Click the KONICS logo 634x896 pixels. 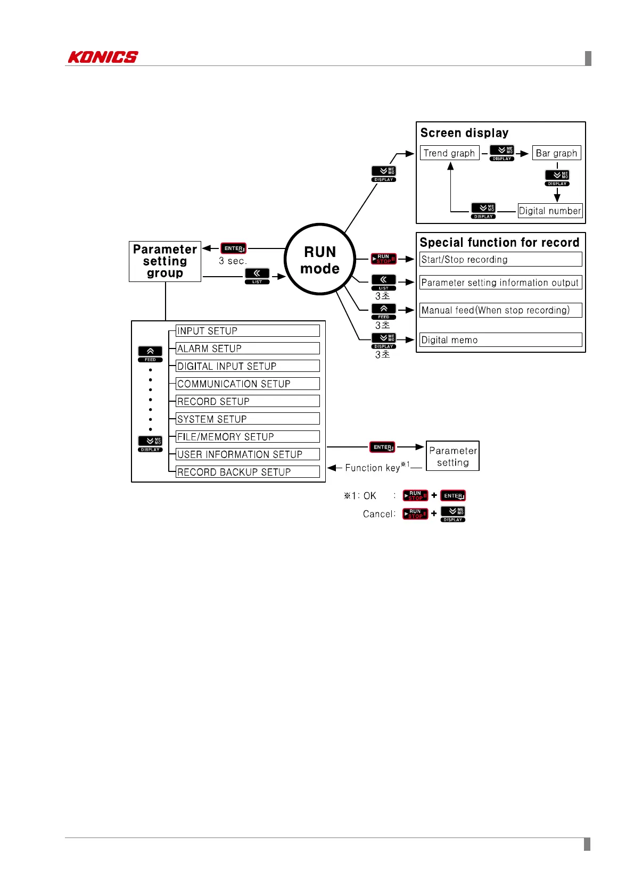(103, 57)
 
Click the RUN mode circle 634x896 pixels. (320, 260)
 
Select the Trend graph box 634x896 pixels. (449, 153)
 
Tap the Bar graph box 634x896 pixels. (556, 153)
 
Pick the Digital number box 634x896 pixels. (550, 211)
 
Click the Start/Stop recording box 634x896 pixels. (500, 260)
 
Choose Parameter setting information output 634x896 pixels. (500, 283)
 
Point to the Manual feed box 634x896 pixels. (500, 310)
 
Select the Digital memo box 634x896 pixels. (500, 340)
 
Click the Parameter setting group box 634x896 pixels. (165, 261)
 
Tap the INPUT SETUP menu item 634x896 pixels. (248, 331)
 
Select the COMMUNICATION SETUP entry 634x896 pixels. (248, 384)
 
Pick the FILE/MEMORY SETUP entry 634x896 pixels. (248, 437)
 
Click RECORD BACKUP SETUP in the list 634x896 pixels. (248, 472)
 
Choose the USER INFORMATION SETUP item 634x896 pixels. (248, 454)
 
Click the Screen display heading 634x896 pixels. (464, 133)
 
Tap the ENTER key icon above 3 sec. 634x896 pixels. (233, 248)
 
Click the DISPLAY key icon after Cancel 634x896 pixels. (453, 513)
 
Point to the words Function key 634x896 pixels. (372, 468)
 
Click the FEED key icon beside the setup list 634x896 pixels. (151, 353)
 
